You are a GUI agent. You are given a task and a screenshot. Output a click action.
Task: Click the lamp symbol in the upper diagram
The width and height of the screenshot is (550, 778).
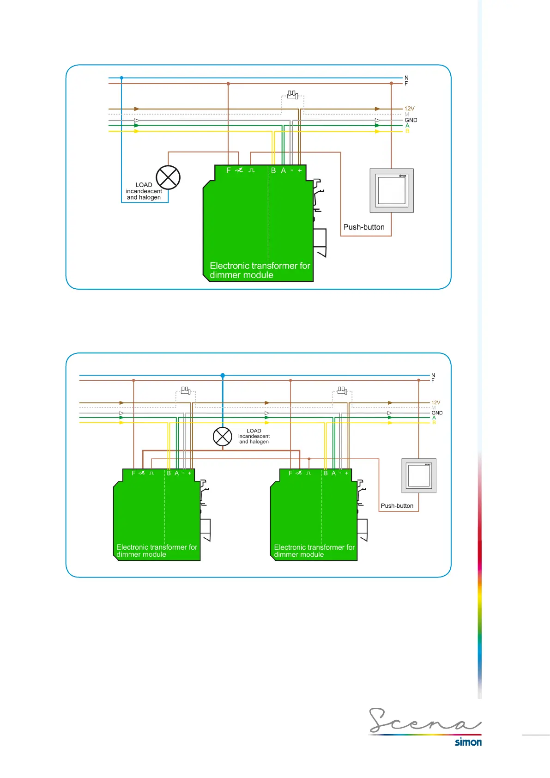pyautogui.click(x=168, y=177)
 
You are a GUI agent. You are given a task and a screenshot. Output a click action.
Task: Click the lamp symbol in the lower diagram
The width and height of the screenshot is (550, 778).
pyautogui.click(x=223, y=436)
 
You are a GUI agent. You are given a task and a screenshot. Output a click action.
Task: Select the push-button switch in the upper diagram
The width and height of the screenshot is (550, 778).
pyautogui.click(x=392, y=190)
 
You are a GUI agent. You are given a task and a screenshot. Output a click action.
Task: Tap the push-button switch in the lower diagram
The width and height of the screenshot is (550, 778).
pyautogui.click(x=419, y=476)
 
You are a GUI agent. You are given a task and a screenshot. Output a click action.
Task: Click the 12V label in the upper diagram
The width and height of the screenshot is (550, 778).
pyautogui.click(x=410, y=109)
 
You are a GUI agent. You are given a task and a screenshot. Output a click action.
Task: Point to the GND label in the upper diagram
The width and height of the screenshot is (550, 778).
pyautogui.click(x=411, y=120)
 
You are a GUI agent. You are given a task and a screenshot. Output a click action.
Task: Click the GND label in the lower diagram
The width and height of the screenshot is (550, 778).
pyautogui.click(x=437, y=413)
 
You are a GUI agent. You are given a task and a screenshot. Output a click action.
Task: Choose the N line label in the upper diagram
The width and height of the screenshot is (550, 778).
pyautogui.click(x=406, y=78)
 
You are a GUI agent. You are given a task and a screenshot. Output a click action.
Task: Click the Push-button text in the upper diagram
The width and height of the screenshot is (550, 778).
pyautogui.click(x=364, y=227)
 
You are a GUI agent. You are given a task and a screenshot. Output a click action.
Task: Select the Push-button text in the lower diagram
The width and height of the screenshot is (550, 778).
pyautogui.click(x=397, y=506)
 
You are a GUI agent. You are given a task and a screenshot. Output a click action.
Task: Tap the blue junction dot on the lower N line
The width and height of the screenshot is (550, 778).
pyautogui.click(x=223, y=376)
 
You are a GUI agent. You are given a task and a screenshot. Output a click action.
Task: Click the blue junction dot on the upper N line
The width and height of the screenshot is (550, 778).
pyautogui.click(x=121, y=78)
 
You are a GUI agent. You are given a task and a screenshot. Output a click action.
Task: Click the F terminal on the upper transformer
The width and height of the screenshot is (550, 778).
pyautogui.click(x=228, y=170)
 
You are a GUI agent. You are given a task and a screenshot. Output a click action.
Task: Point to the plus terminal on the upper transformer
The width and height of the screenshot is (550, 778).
pyautogui.click(x=300, y=170)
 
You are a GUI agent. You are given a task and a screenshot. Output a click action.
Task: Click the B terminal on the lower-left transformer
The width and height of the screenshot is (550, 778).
pyautogui.click(x=169, y=473)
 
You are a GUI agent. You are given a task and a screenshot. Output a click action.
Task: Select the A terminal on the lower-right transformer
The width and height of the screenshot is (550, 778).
pyautogui.click(x=333, y=473)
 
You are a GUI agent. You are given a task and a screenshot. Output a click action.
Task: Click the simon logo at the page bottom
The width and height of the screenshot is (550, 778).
pyautogui.click(x=468, y=742)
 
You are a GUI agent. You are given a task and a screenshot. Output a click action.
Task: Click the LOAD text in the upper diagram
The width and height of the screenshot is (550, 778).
pyautogui.click(x=144, y=185)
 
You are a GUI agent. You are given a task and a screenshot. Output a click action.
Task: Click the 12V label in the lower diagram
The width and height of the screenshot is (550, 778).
pyautogui.click(x=436, y=403)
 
